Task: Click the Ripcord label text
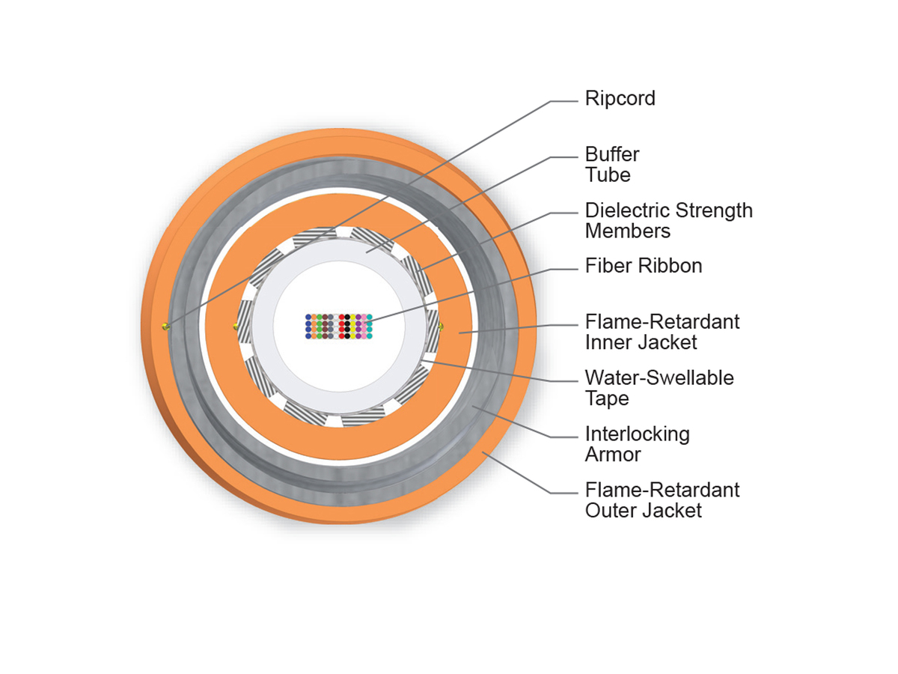click(620, 98)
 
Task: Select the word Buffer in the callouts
click(612, 155)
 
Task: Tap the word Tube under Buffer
click(608, 175)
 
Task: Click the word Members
click(627, 231)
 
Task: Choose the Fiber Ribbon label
click(644, 266)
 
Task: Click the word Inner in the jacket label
click(609, 342)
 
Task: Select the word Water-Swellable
click(659, 377)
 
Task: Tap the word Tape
click(607, 398)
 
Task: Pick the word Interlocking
click(637, 434)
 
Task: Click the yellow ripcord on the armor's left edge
click(165, 326)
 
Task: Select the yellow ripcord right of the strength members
click(441, 326)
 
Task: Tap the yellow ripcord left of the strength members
click(236, 326)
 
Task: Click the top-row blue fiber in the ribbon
click(308, 318)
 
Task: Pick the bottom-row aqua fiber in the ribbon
click(369, 336)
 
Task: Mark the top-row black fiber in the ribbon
click(347, 318)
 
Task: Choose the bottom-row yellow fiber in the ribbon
click(352, 336)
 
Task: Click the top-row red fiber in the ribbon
click(342, 318)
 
